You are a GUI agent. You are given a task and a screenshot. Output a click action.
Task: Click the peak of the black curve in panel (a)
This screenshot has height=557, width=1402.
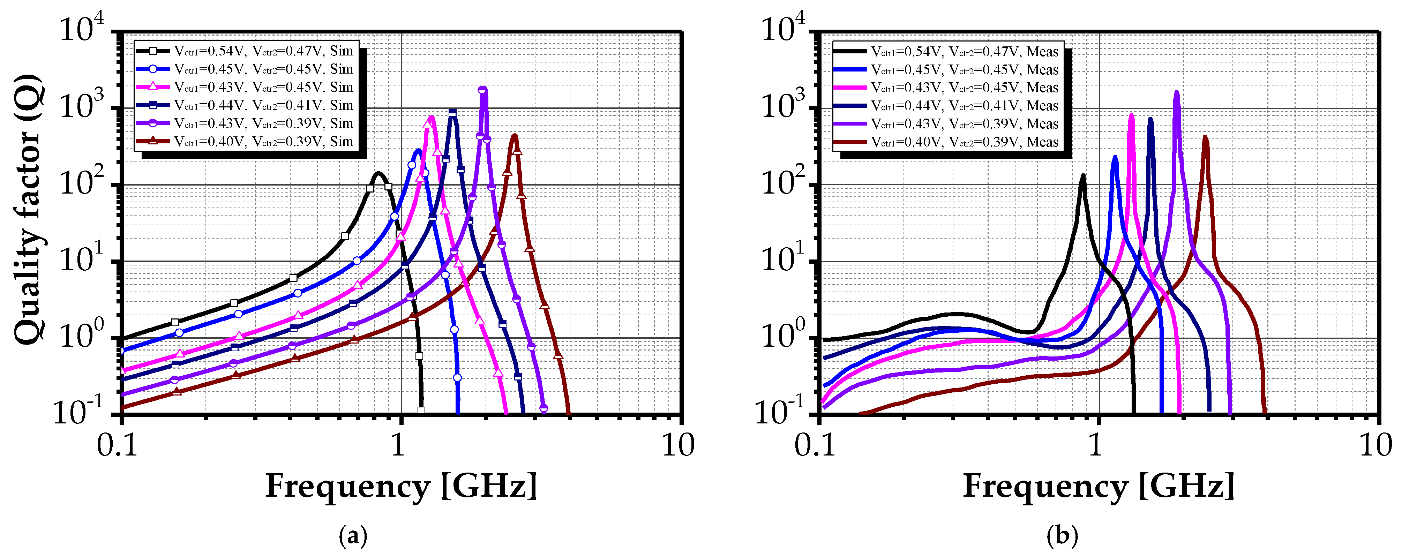point(378,174)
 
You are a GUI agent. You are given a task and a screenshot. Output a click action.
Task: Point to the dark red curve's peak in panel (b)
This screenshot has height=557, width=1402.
point(1205,137)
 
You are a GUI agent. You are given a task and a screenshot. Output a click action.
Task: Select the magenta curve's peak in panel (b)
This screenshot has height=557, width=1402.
point(1132,115)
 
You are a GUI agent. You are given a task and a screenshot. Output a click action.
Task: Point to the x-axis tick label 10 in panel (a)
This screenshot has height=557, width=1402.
point(677,446)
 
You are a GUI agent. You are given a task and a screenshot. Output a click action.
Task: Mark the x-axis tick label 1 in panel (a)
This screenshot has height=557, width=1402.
point(399,446)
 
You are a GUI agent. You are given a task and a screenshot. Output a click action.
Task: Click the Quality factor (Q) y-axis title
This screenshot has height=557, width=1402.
point(27,209)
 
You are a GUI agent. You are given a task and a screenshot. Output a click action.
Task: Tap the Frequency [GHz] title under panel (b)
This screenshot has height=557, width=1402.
point(1098,486)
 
